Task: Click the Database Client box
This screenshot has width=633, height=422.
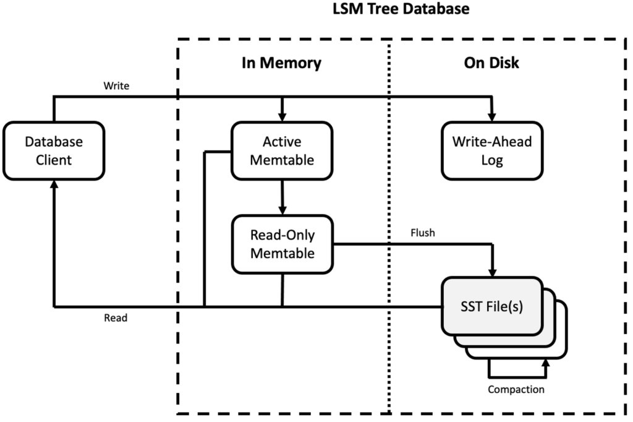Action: click(x=53, y=150)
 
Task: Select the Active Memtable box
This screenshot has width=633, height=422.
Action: click(x=282, y=150)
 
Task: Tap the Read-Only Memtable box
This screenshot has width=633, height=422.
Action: click(x=282, y=244)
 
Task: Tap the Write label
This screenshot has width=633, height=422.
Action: click(x=116, y=86)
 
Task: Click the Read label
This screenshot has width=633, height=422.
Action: click(x=116, y=318)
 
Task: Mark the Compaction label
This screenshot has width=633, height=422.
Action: click(x=516, y=389)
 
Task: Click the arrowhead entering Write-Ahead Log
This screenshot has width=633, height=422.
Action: click(x=493, y=116)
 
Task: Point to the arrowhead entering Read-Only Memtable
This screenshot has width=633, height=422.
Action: click(x=282, y=210)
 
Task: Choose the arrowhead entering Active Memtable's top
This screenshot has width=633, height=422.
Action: click(x=282, y=116)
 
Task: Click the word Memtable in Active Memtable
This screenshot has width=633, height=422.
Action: click(x=282, y=160)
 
